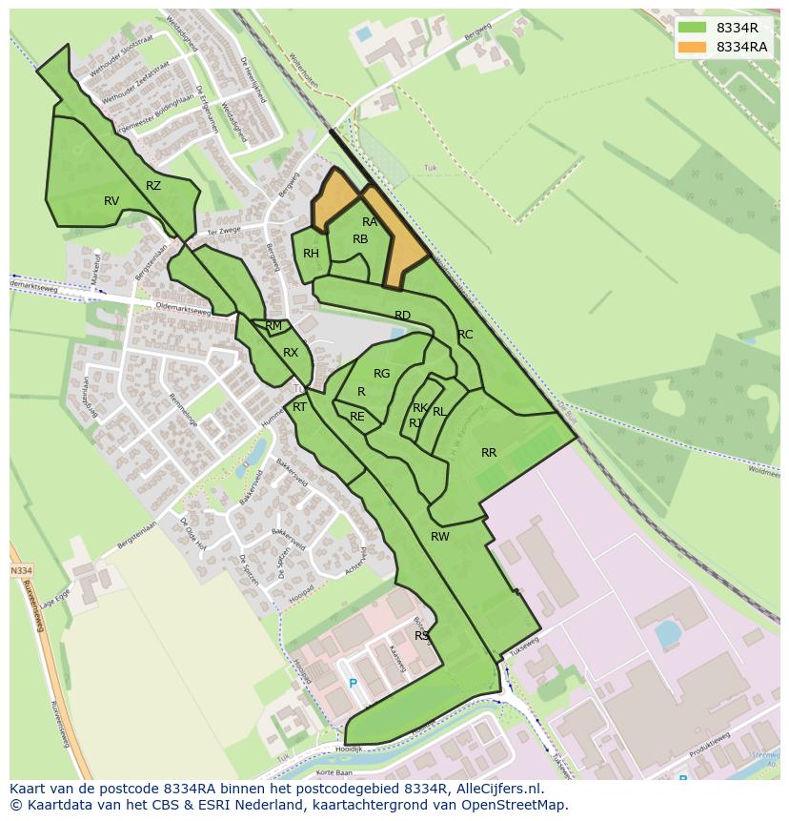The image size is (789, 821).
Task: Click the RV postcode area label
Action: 111,200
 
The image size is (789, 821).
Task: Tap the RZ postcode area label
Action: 153,186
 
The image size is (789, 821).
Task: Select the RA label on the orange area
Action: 370,222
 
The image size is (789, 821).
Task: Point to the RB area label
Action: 360,239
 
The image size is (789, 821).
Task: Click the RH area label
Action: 311,254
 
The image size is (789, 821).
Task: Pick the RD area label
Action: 402,316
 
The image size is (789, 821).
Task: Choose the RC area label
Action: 465,335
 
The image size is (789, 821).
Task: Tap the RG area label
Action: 382,374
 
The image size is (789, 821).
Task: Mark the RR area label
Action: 489,453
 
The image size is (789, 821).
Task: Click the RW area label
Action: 439,537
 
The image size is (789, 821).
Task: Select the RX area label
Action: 291,353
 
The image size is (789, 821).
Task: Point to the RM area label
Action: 273,326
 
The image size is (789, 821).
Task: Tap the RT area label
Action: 299,407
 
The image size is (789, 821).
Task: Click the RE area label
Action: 357,417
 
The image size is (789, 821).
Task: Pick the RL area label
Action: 439,412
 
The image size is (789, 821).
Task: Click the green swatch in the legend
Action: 693,27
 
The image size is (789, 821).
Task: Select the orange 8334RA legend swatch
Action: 693,47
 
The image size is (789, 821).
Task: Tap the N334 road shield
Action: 21,570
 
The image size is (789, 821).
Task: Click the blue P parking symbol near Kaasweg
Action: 353,683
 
